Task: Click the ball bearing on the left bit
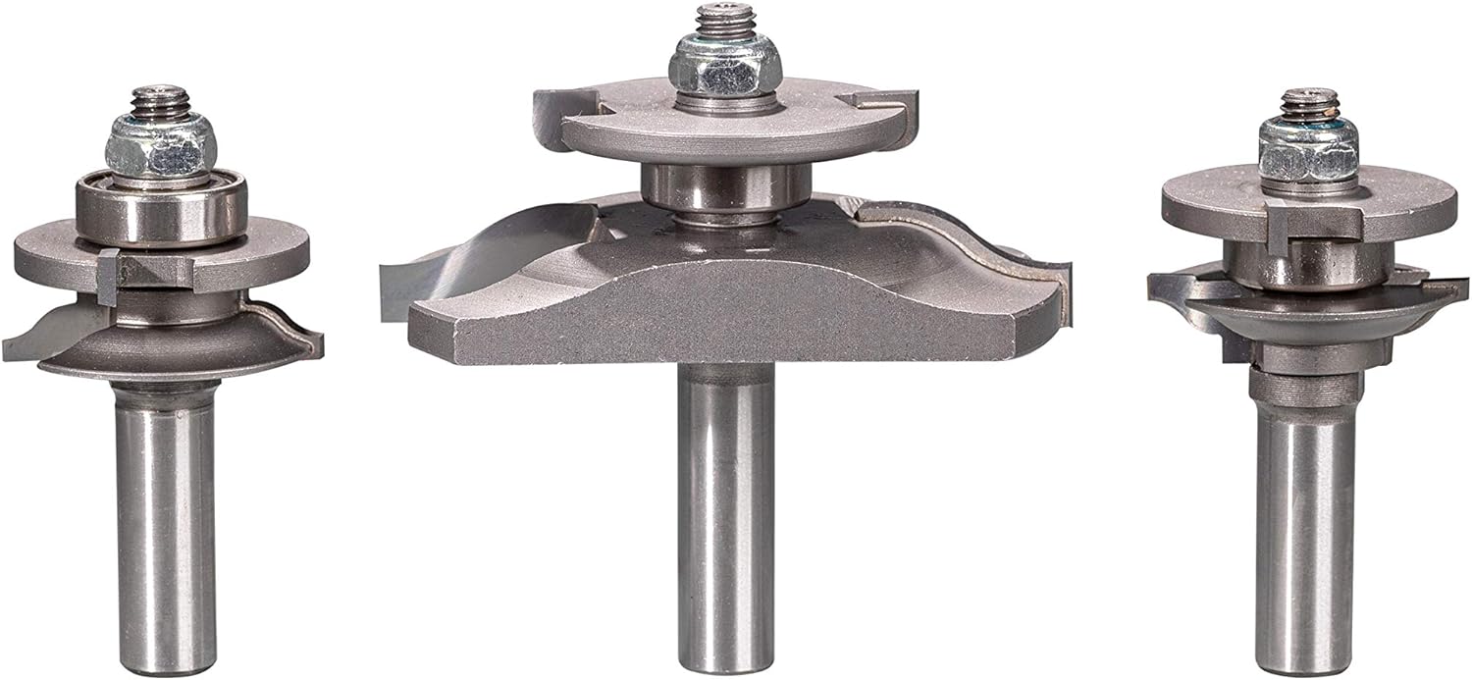161,212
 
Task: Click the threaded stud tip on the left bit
160,99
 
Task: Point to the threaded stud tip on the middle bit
719,19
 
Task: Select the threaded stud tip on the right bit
1307,101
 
